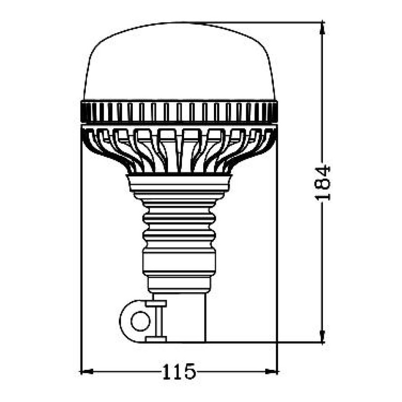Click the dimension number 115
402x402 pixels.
coord(179,372)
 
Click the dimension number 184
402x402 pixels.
coord(323,183)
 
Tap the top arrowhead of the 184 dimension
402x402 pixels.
coord(323,27)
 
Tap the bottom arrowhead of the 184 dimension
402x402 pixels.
coord(323,338)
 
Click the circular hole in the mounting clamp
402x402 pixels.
coord(140,321)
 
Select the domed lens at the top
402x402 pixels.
coord(179,63)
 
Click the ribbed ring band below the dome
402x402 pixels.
coord(179,112)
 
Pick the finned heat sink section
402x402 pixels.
coord(179,150)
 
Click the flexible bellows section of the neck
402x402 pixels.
coord(179,226)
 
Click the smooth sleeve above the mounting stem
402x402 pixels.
coord(179,264)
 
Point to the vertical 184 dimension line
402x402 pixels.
coord(323,112)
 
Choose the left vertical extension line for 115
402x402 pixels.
coord(80,268)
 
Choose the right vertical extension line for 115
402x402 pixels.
coord(277,268)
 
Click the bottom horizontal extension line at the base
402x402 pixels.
coord(268,343)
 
